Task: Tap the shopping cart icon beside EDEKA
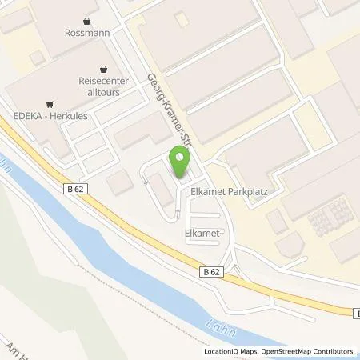tap(50, 103)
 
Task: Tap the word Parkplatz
tap(245, 193)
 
